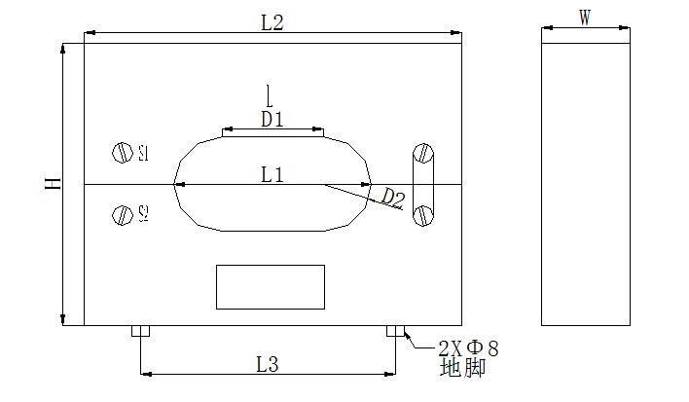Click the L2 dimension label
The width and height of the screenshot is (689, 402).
[272, 23]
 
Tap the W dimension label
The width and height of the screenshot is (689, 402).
[585, 18]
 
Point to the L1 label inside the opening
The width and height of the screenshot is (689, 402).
[272, 175]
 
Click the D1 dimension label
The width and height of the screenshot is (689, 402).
[272, 120]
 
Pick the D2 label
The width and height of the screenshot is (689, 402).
[392, 199]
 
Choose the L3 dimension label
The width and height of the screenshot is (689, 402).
[268, 364]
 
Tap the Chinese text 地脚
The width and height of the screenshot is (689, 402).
[462, 369]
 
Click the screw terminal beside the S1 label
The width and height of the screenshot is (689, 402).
[122, 153]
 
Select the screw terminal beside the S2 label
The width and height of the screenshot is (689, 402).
[122, 214]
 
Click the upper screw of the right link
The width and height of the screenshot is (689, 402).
[423, 153]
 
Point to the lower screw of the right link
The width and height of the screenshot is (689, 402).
[423, 215]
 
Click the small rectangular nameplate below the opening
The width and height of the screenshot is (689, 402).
[271, 286]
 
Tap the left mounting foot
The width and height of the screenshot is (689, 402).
[140, 331]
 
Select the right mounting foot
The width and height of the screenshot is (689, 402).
[396, 331]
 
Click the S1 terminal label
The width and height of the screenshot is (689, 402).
[143, 153]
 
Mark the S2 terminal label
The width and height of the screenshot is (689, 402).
[143, 213]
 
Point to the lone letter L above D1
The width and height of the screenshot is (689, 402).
[269, 95]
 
